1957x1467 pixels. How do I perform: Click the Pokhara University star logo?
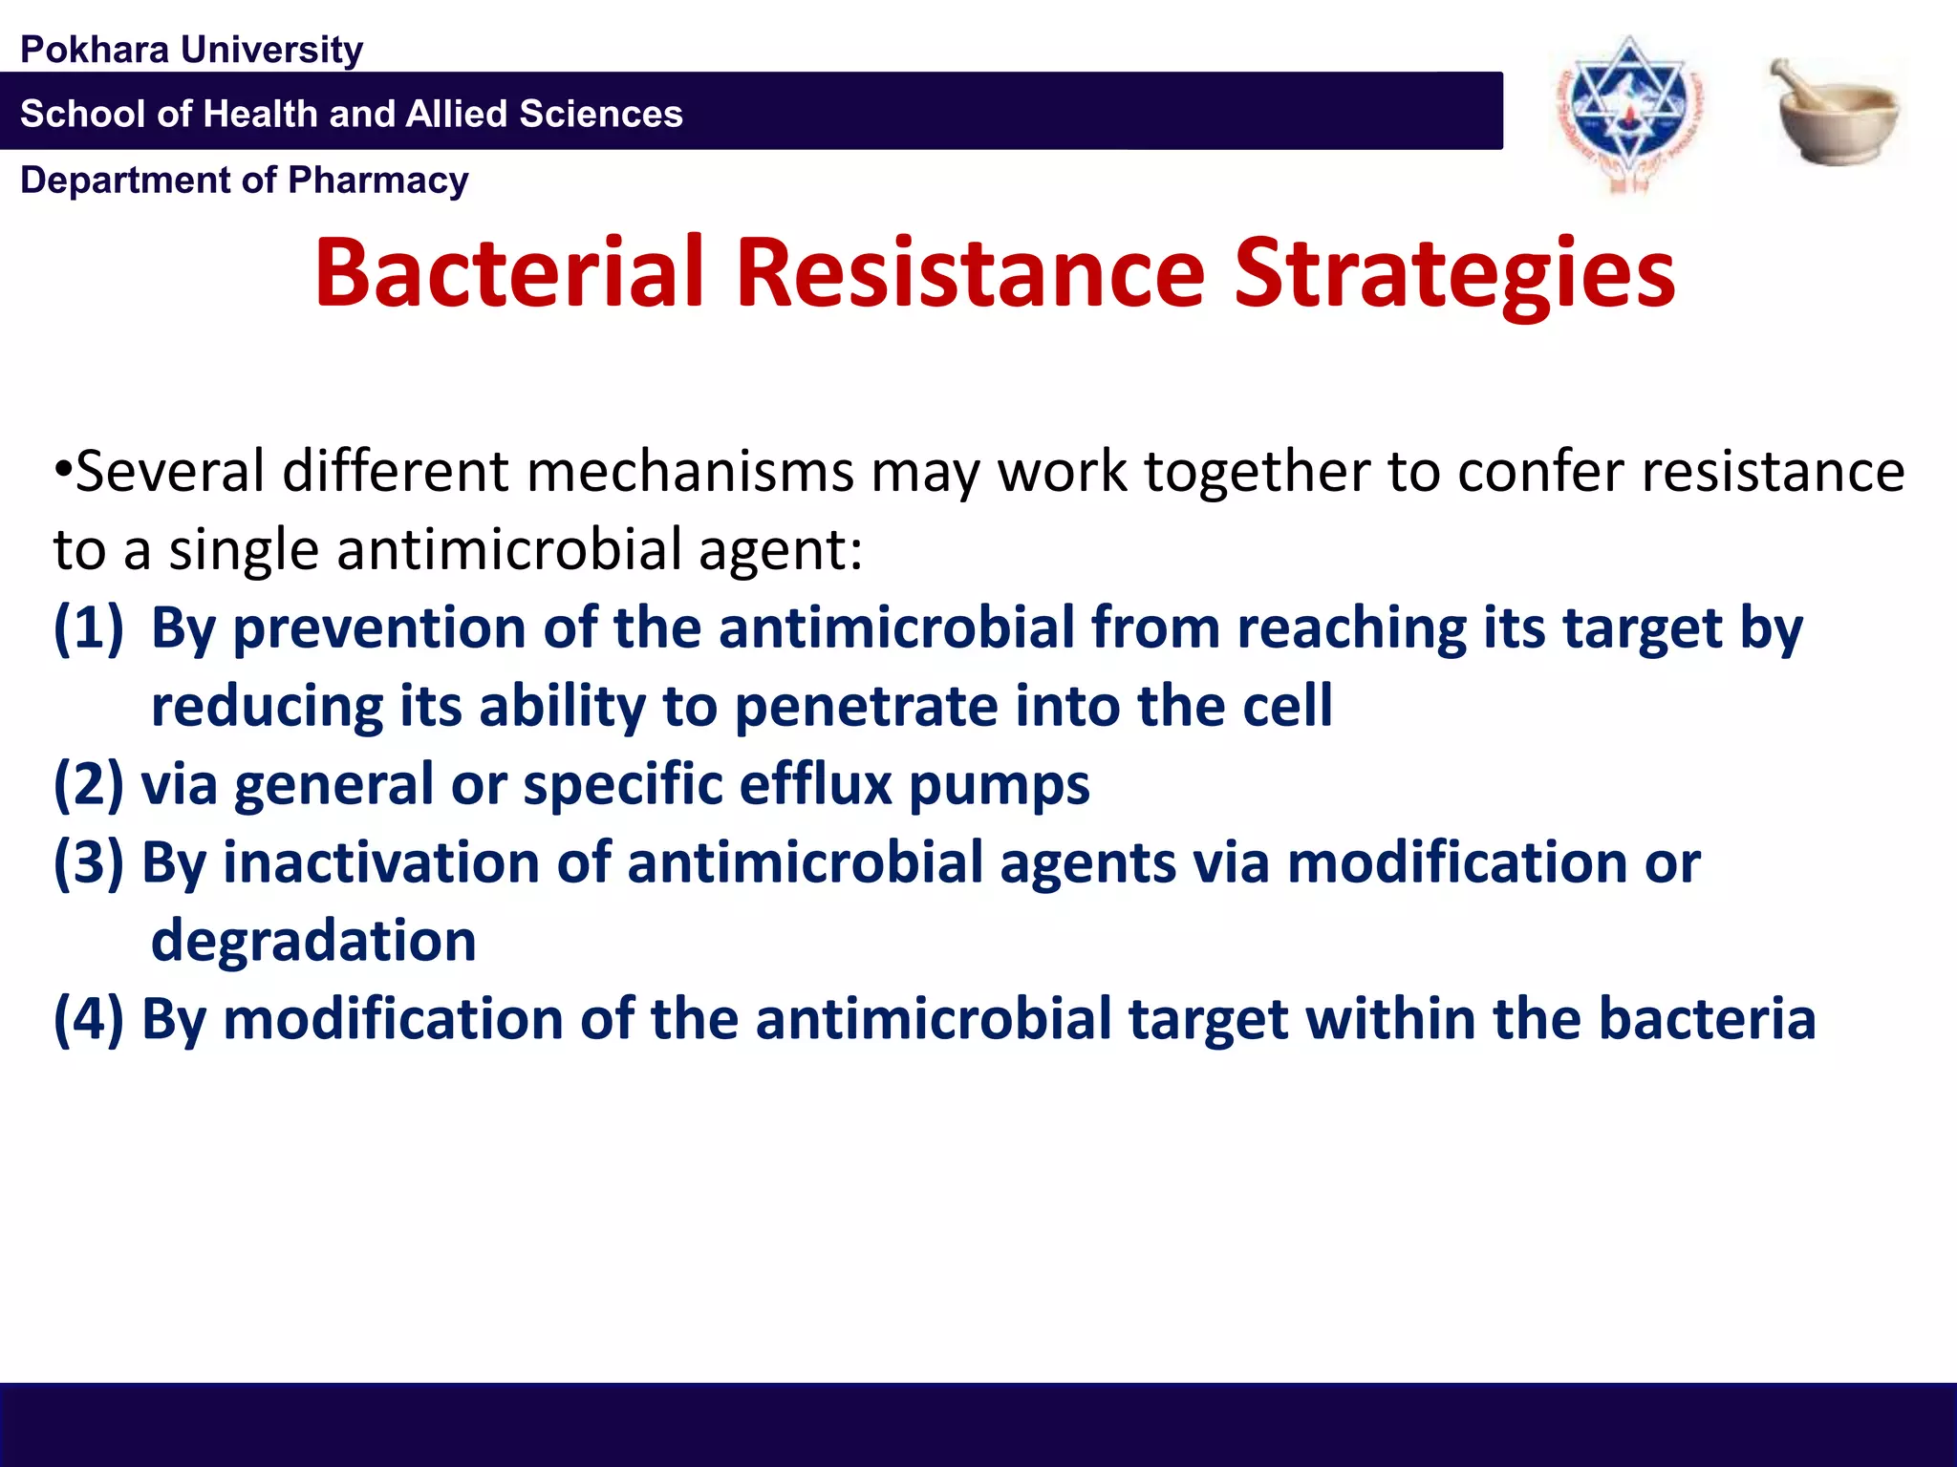click(x=1629, y=112)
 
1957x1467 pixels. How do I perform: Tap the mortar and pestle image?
click(x=1837, y=112)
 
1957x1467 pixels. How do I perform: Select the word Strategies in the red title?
click(x=1453, y=275)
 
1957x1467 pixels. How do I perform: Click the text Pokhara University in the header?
click(x=191, y=50)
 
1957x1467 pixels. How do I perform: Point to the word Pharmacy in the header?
click(x=377, y=180)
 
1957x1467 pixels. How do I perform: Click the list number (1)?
click(x=89, y=628)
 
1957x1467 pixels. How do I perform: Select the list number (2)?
click(x=89, y=785)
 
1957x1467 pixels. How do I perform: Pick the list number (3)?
click(x=89, y=863)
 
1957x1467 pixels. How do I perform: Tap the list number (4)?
click(x=89, y=1019)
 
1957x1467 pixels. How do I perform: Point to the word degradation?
click(x=313, y=942)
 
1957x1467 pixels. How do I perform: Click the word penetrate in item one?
click(x=866, y=708)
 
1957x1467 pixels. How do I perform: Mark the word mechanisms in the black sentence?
click(x=689, y=472)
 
